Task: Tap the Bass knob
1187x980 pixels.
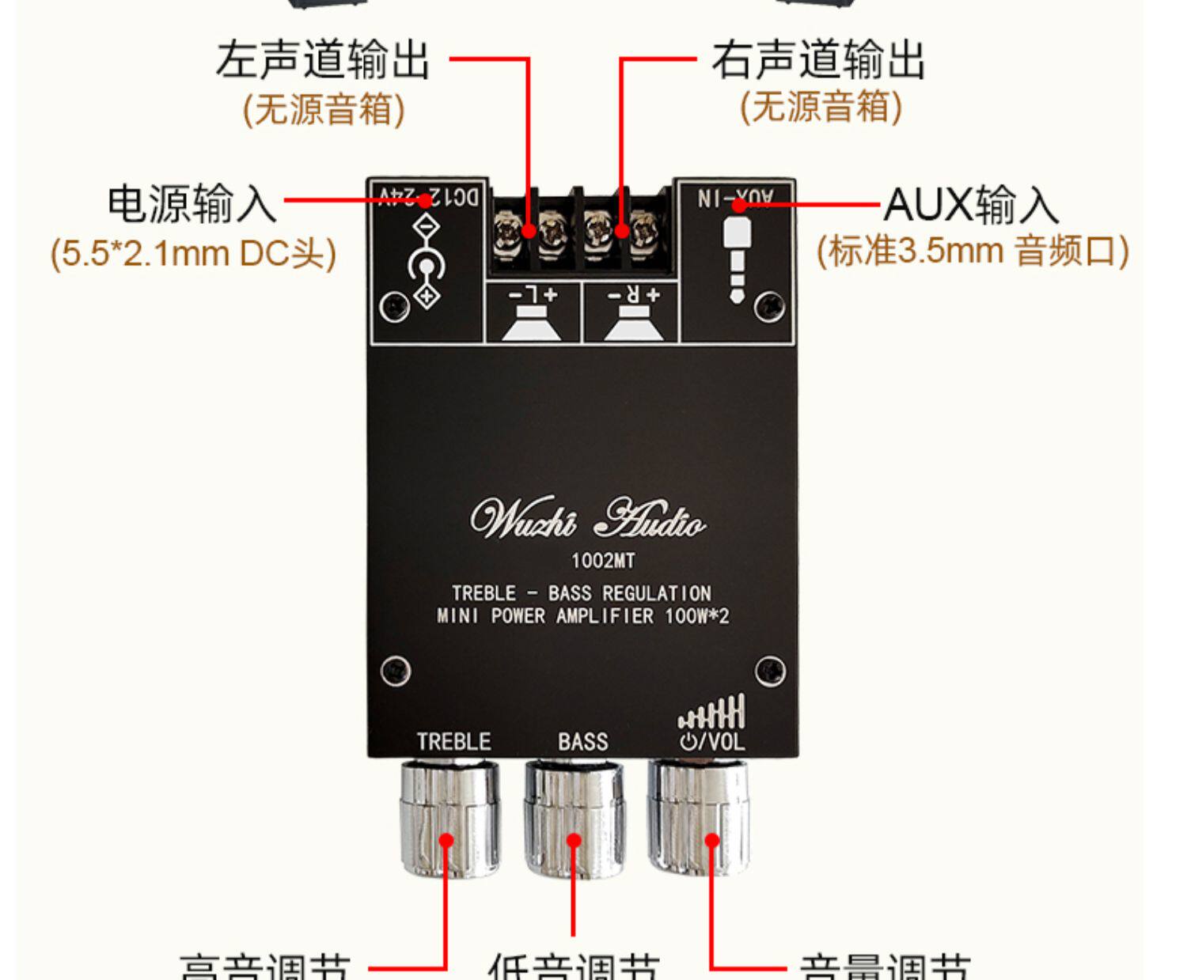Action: pyautogui.click(x=574, y=819)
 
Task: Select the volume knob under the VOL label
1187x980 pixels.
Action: pyautogui.click(x=699, y=815)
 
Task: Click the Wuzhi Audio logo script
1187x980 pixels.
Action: pyautogui.click(x=586, y=519)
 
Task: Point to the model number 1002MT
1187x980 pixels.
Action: pyautogui.click(x=603, y=561)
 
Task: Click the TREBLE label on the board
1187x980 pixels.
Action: pyautogui.click(x=453, y=741)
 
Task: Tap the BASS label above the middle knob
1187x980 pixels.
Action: pyautogui.click(x=582, y=741)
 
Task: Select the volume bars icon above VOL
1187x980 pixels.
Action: pyautogui.click(x=711, y=711)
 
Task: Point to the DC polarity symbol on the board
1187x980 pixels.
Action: pyautogui.click(x=427, y=262)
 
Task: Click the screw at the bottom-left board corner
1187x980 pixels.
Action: pyautogui.click(x=395, y=671)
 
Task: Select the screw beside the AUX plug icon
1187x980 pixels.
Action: pyautogui.click(x=769, y=305)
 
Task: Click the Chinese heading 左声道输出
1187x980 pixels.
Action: pyautogui.click(x=322, y=60)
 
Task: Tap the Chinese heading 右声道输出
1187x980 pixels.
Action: pyautogui.click(x=818, y=60)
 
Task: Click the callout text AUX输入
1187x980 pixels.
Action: pyautogui.click(x=971, y=205)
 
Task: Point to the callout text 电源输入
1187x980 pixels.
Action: pyautogui.click(x=192, y=203)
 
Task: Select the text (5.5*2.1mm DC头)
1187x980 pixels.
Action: pyautogui.click(x=193, y=254)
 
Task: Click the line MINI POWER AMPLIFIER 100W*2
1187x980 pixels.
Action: pyautogui.click(x=582, y=616)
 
